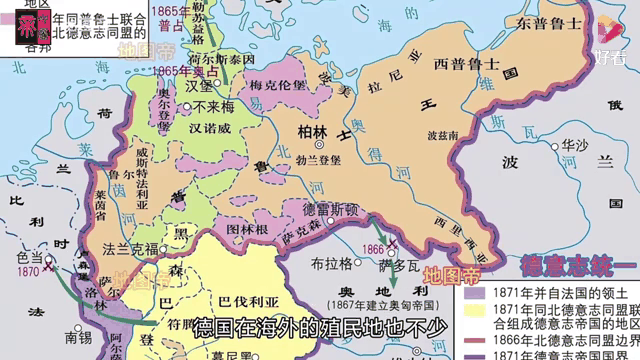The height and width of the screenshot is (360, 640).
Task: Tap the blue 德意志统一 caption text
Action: click(x=576, y=267)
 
